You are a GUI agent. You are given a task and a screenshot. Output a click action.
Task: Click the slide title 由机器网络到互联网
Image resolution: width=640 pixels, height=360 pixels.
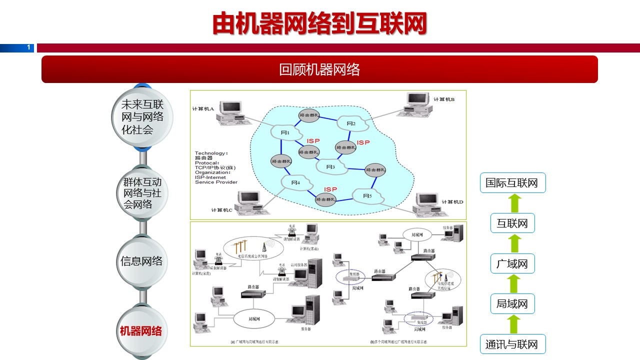pyautogui.click(x=319, y=23)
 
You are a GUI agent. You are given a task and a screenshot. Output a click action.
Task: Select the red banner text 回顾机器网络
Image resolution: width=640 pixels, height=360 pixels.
pyautogui.click(x=319, y=69)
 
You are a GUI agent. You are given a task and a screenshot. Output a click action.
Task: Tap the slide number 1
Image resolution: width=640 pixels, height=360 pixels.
pyautogui.click(x=29, y=47)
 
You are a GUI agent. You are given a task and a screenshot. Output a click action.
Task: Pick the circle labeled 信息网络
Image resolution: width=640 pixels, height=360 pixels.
pyautogui.click(x=142, y=261)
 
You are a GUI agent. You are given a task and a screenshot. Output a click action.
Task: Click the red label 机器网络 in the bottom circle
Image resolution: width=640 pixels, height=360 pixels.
pyautogui.click(x=141, y=331)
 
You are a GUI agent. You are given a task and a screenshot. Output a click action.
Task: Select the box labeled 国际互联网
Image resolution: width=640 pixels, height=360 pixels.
pyautogui.click(x=512, y=183)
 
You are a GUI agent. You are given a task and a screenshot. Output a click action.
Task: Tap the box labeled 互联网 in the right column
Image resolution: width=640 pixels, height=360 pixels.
pyautogui.click(x=512, y=223)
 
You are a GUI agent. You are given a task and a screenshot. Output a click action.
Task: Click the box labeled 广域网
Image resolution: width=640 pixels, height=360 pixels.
pyautogui.click(x=512, y=264)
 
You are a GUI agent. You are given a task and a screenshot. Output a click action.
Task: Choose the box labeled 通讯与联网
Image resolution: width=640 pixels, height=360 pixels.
pyautogui.click(x=512, y=344)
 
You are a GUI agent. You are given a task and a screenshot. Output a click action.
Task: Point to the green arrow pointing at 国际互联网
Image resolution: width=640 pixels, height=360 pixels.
pyautogui.click(x=515, y=203)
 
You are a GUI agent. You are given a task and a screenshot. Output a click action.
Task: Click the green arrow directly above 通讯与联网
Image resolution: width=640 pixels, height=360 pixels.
pyautogui.click(x=515, y=324)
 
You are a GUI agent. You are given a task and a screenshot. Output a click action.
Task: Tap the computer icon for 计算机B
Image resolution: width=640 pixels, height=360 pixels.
pyautogui.click(x=418, y=104)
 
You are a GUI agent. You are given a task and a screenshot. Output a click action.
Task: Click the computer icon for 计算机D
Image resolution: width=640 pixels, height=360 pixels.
pyautogui.click(x=427, y=204)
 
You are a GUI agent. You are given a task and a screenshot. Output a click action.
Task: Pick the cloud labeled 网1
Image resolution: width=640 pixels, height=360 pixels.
pyautogui.click(x=285, y=132)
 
